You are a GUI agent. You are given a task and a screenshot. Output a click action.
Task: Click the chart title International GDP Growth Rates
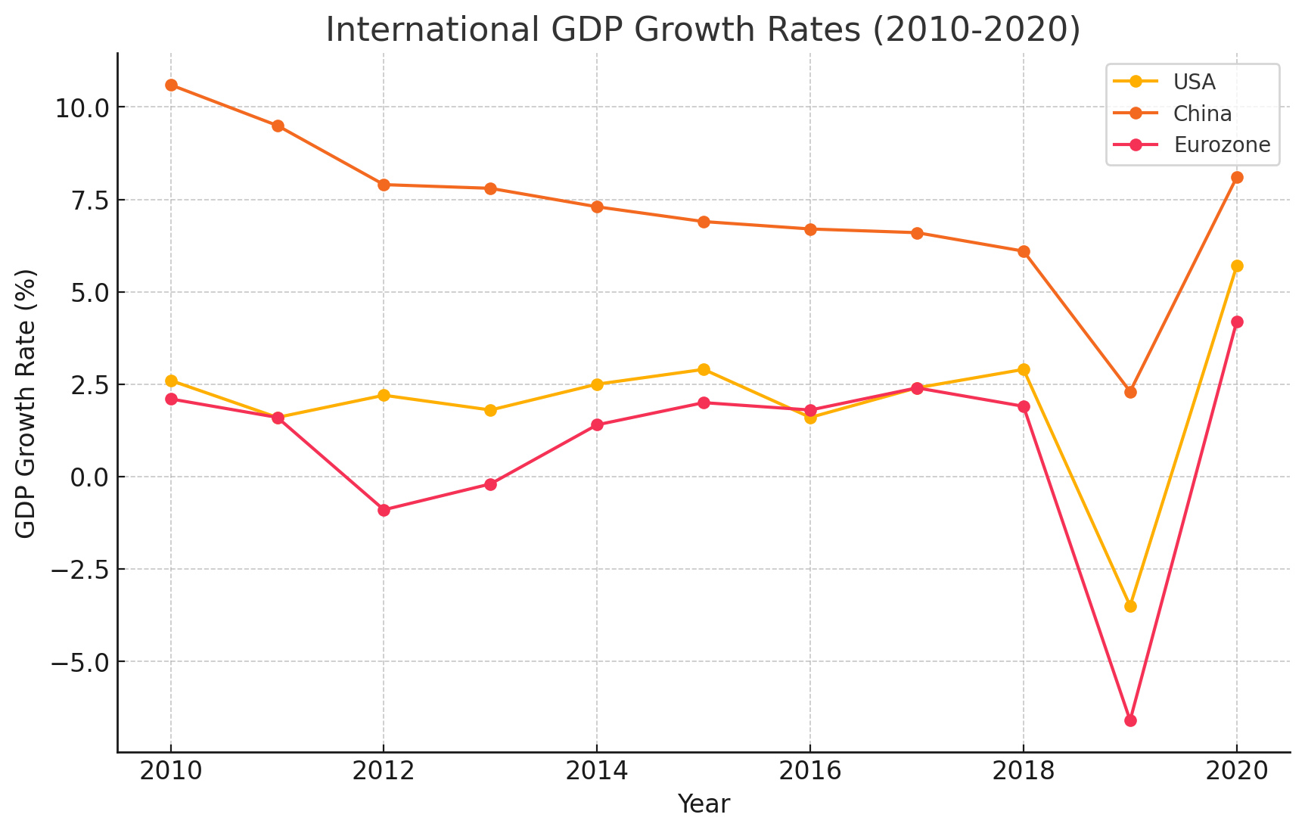703,30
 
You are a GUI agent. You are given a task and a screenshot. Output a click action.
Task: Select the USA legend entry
1195,82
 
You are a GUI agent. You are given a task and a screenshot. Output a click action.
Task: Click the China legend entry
1202,113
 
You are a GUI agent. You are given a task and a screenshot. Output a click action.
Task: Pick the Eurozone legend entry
1222,145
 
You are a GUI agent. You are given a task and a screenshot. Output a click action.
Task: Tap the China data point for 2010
171,85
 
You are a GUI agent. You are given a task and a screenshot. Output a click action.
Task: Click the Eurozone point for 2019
1130,720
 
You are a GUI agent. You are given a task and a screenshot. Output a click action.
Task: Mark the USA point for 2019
1130,606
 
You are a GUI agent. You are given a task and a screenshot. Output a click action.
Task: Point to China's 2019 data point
1130,392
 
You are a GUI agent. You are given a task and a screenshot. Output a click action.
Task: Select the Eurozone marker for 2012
384,510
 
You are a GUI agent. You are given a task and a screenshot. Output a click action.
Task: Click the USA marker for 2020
1237,266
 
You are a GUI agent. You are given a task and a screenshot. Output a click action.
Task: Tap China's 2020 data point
1237,177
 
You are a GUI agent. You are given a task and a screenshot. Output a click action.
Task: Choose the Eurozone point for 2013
490,484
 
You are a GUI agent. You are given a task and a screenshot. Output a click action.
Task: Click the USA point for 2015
704,369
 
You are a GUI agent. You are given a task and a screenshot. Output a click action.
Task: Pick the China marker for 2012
384,185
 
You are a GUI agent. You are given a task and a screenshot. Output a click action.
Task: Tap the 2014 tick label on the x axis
597,772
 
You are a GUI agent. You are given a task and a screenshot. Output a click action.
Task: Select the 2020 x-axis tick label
1237,772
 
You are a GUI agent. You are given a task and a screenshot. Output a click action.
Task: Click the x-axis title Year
704,804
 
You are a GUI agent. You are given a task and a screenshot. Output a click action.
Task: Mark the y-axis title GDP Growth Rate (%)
26,403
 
